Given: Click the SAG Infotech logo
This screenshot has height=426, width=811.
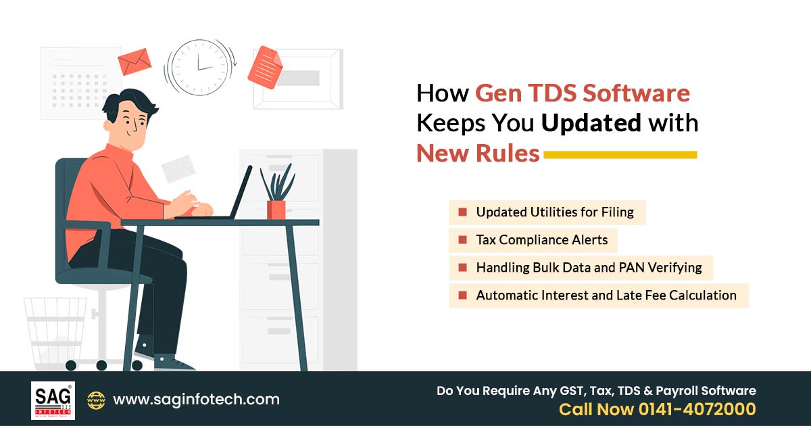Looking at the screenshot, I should [x=53, y=400].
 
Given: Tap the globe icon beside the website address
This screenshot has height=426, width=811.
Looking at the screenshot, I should [x=96, y=400].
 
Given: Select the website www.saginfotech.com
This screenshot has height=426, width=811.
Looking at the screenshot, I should [x=196, y=400].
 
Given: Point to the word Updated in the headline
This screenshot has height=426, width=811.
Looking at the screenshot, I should [x=592, y=123].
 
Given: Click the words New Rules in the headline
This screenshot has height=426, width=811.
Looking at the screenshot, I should [x=478, y=153].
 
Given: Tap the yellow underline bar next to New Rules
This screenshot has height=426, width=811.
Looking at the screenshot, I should [x=620, y=155].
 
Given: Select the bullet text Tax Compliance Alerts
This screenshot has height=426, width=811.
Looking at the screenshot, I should [x=541, y=240].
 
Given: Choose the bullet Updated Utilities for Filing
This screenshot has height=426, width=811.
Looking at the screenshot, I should [x=554, y=212].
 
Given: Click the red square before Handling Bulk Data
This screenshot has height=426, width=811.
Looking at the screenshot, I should [x=462, y=268].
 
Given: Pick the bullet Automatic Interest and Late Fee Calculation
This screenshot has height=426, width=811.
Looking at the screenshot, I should [x=606, y=295].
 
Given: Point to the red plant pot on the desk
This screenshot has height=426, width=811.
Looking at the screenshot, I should [x=276, y=209].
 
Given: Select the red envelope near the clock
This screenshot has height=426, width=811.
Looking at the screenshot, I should [x=134, y=62].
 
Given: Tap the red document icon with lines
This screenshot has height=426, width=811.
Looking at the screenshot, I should [x=264, y=67].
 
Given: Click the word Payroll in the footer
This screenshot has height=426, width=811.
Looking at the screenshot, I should [x=683, y=391].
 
